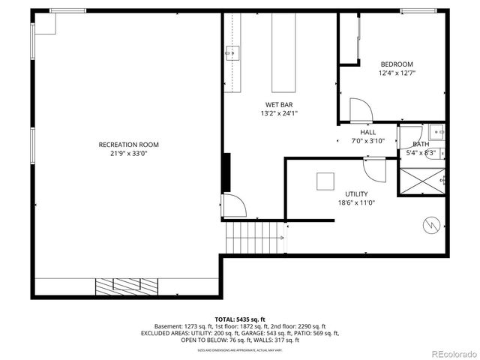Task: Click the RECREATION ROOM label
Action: tap(128, 145)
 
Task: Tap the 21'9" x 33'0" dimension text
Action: tap(128, 154)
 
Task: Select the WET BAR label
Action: tap(279, 104)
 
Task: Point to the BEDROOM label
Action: tap(396, 64)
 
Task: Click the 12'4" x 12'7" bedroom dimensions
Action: tap(396, 73)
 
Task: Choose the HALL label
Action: tap(367, 132)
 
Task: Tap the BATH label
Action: tap(421, 144)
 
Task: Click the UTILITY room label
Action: tap(356, 193)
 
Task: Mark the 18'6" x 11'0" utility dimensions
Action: tap(356, 202)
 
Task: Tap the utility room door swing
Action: tap(374, 168)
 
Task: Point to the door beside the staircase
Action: tap(232, 204)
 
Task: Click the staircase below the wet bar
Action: tap(255, 238)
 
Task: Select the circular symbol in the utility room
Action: tap(431, 224)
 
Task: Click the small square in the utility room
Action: tap(325, 182)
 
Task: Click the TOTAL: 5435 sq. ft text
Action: tap(240, 319)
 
